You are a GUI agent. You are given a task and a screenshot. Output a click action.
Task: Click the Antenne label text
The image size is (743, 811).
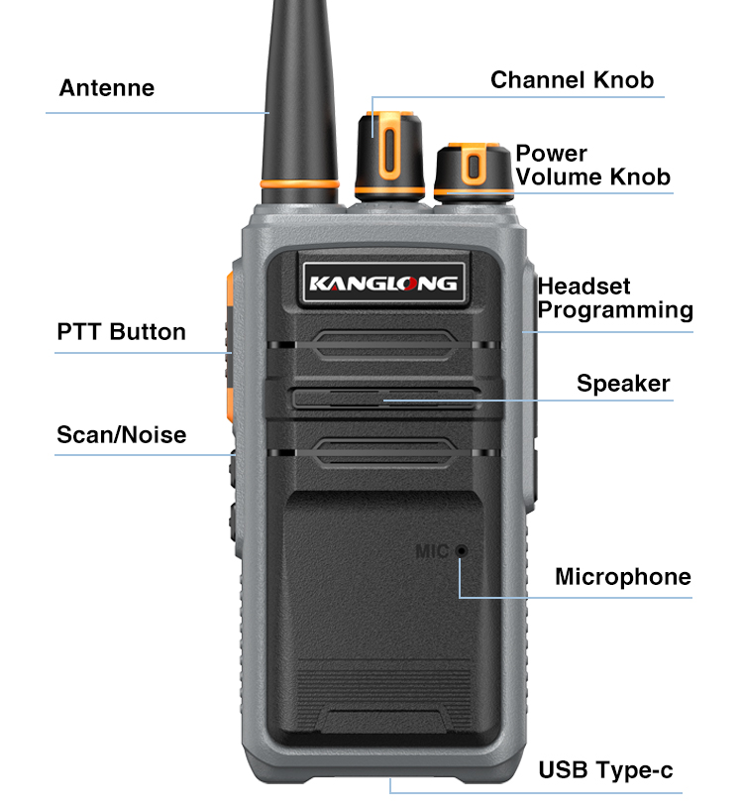106,88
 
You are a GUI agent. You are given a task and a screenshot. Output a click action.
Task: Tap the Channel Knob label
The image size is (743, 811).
572,80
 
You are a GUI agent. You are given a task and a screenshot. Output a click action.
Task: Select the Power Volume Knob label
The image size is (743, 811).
592,165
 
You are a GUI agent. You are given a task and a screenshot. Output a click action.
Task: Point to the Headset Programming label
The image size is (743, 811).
615,298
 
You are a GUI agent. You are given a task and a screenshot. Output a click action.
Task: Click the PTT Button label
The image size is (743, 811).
122,331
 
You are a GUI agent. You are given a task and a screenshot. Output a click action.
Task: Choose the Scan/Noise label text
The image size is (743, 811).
122,434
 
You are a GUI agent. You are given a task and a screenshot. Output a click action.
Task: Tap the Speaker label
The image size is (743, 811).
623,384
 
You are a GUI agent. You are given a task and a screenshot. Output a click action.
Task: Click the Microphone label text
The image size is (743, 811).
623,577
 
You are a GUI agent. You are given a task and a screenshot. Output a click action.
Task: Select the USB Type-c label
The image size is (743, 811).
605,770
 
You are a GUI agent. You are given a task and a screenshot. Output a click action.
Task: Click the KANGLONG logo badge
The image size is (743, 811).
383,283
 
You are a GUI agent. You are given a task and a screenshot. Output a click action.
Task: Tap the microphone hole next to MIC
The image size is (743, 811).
462,551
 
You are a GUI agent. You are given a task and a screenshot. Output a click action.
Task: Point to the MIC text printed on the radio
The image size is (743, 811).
432,551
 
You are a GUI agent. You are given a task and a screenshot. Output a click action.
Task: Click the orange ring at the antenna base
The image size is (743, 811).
300,183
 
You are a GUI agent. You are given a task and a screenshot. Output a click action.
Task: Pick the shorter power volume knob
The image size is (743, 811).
474,172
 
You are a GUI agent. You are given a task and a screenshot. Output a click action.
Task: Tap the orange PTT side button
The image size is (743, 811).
230,347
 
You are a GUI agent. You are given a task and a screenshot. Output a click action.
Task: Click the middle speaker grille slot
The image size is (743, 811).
383,399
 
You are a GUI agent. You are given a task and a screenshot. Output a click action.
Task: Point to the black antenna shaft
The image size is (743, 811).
300,93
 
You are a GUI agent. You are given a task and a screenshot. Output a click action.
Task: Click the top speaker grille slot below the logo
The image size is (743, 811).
385,345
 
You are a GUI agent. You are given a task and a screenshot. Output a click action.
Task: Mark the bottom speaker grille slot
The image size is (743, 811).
385,453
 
